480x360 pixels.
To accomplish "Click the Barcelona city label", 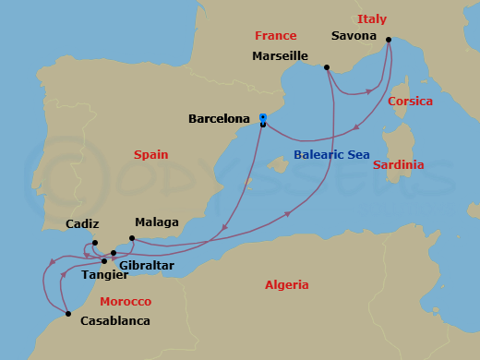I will (x=219, y=119).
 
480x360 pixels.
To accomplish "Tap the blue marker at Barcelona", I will (x=263, y=118).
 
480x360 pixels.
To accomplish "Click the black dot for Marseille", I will (x=327, y=66).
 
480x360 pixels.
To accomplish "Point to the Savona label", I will (x=354, y=37).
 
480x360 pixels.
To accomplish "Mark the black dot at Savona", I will (x=389, y=40).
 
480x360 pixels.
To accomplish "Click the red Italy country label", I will (x=372, y=19).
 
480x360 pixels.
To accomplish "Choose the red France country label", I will (x=276, y=36).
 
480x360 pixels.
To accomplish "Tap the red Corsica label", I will (x=411, y=101).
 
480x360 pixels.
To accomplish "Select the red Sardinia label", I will (x=399, y=165).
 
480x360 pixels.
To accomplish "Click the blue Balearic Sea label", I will (x=331, y=155).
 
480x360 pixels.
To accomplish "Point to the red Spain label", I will (x=150, y=155).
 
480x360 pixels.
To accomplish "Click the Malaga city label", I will (x=157, y=222).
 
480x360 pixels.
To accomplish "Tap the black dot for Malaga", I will (x=132, y=238).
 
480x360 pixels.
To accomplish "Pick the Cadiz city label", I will (x=83, y=224).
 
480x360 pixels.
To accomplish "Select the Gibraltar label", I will (x=148, y=265).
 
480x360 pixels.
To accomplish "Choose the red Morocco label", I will (x=126, y=302).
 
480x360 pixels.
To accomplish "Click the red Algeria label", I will (x=287, y=285).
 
